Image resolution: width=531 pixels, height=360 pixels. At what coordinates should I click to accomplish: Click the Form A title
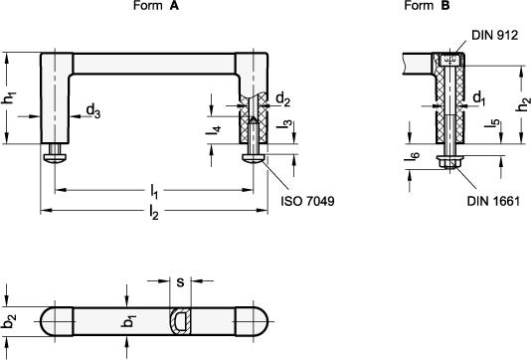156,5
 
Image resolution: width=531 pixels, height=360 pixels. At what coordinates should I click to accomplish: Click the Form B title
427,5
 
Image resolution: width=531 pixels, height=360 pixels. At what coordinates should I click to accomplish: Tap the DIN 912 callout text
495,35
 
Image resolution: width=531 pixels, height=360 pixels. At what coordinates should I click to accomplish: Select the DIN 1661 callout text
493,201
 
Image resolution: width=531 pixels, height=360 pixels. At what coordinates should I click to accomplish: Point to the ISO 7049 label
307,201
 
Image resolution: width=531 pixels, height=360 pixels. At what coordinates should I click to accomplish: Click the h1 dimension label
9,98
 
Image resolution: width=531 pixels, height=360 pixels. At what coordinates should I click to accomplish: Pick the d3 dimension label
93,111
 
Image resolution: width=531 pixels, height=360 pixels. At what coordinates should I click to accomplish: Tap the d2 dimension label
283,99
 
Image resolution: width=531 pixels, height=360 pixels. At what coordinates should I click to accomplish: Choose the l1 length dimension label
154,192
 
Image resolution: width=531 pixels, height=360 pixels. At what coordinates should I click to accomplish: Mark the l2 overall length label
154,213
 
